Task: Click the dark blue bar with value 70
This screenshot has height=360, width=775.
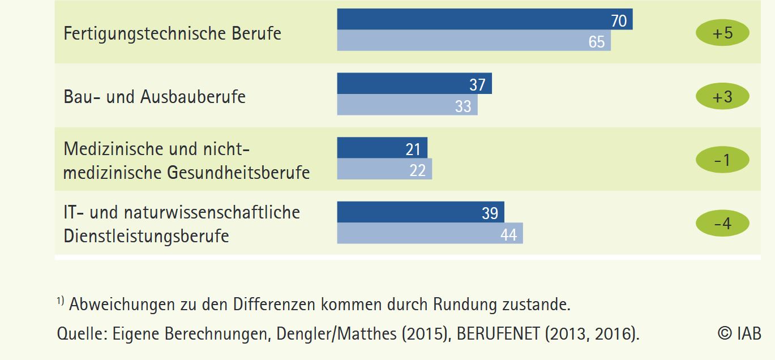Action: pos(485,19)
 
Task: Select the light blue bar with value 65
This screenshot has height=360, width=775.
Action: pos(474,41)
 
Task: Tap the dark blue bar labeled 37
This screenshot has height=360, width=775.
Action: pos(414,84)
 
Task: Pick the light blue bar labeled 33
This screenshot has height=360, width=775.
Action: pos(407,105)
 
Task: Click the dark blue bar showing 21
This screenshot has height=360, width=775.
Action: pos(382,148)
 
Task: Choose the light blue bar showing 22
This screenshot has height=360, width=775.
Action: pos(384,169)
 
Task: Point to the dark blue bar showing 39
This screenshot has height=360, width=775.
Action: pos(421,212)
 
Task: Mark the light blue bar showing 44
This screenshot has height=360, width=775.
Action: pos(430,233)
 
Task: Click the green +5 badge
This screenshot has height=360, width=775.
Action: pos(722,33)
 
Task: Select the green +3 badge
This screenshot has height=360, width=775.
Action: pos(722,96)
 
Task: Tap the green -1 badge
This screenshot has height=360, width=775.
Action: pos(722,160)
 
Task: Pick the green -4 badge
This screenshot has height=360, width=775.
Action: pos(722,224)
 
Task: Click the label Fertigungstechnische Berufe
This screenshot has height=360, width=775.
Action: pos(172,33)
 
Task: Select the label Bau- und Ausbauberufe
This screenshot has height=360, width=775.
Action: pos(155,97)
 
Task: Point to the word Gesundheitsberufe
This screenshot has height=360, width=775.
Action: pos(238,172)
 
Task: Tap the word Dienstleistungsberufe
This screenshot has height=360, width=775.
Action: pos(146,235)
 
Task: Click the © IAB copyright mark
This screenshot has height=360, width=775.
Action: pos(739,333)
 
